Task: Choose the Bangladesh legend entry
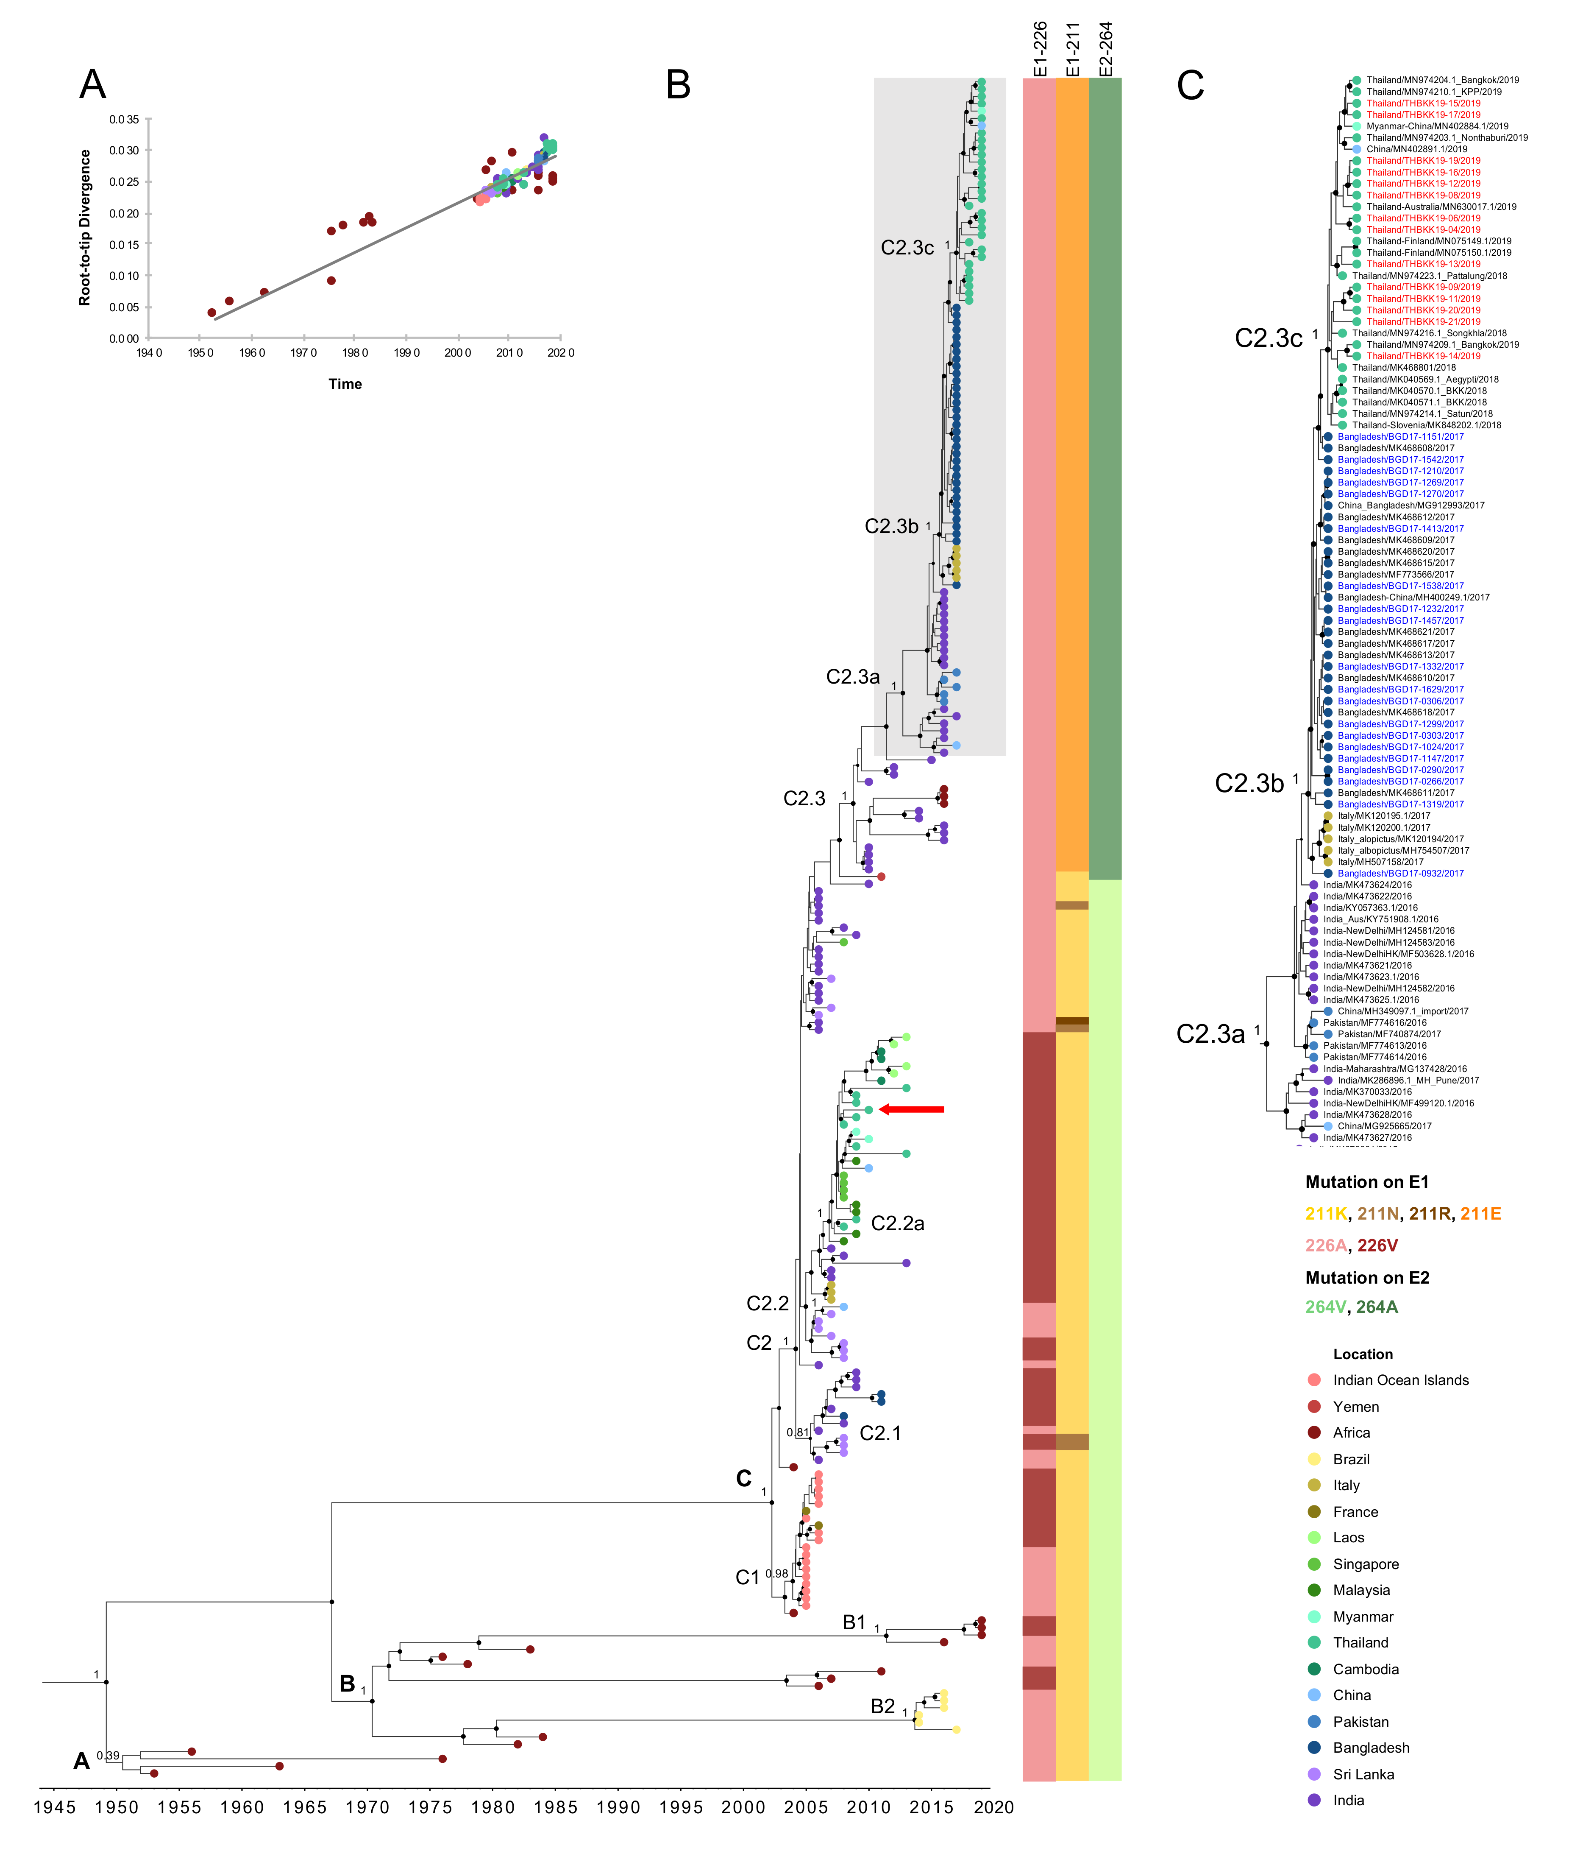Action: click(1370, 1748)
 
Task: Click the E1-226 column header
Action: click(1039, 49)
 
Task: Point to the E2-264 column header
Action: click(1105, 49)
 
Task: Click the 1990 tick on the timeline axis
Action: click(618, 1807)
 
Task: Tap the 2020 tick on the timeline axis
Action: click(993, 1807)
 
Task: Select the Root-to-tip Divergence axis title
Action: click(85, 228)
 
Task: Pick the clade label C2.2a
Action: click(897, 1223)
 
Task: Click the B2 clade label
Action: click(883, 1706)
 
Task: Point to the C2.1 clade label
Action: click(880, 1433)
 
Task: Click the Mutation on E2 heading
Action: click(1366, 1278)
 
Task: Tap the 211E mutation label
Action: click(1480, 1214)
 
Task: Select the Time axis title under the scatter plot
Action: click(345, 384)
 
